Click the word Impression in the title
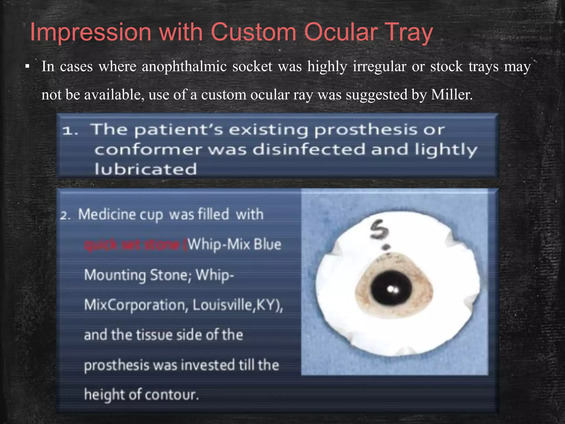(x=90, y=33)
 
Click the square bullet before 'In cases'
(x=27, y=67)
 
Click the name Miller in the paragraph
(x=451, y=95)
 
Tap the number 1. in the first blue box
(x=70, y=131)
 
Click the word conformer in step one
(x=148, y=150)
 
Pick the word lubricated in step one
(x=146, y=169)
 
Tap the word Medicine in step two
(x=107, y=214)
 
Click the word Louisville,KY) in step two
(x=238, y=305)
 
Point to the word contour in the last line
(x=172, y=395)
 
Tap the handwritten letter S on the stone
(x=380, y=229)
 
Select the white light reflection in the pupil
(x=392, y=290)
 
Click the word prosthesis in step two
(x=117, y=365)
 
